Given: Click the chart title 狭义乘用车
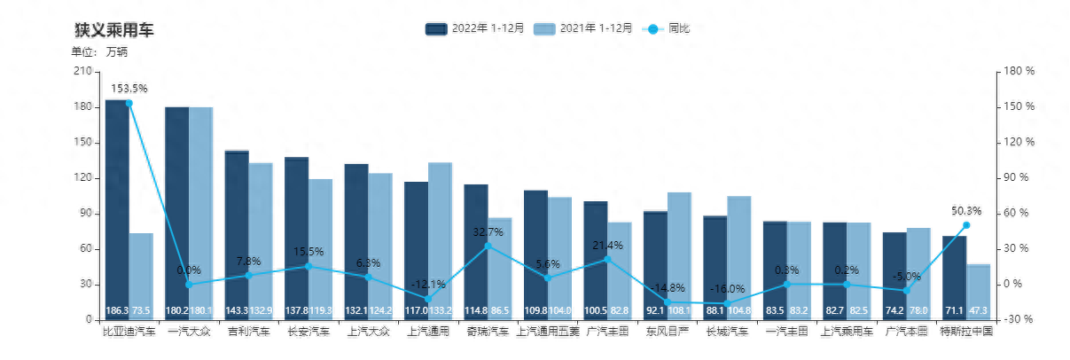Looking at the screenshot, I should coord(113,30).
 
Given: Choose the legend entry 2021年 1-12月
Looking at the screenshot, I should coord(582,28).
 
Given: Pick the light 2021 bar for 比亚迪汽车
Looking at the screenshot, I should coord(141,275).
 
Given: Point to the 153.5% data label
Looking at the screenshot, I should coord(129,89).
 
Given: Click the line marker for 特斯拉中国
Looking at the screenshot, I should coord(966,224).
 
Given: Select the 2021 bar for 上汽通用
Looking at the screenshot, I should coord(441,239).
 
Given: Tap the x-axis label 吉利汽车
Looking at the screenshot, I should coord(249,332).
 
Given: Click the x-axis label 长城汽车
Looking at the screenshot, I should coord(727,332).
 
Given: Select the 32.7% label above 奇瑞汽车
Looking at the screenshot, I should coord(488,232).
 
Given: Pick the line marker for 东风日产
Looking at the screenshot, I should coord(668,301).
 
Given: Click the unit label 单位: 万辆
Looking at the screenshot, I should coord(99,51).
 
